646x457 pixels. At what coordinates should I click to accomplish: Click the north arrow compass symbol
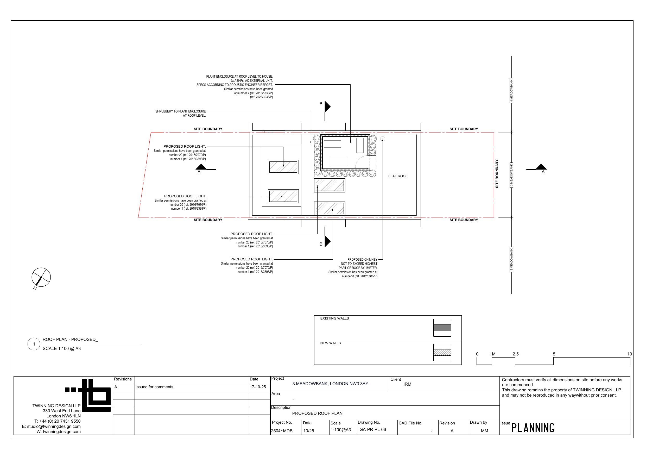click(x=41, y=277)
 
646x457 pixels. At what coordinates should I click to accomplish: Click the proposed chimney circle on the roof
click(x=383, y=139)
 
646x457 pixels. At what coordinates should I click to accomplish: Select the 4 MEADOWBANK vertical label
click(x=511, y=91)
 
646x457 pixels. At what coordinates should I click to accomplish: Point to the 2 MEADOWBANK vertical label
click(x=511, y=259)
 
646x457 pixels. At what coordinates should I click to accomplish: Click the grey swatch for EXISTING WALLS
click(x=442, y=328)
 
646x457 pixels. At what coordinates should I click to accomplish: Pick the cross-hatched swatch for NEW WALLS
click(x=442, y=352)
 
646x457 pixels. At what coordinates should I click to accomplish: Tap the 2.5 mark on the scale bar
click(x=515, y=354)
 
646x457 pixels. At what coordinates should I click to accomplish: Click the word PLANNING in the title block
click(x=533, y=428)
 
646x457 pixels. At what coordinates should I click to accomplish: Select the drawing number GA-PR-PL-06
click(x=372, y=430)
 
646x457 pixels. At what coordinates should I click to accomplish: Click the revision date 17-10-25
click(x=258, y=387)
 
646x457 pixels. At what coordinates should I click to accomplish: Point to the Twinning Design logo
click(x=88, y=395)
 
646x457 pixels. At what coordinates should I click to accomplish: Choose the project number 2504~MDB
click(x=282, y=431)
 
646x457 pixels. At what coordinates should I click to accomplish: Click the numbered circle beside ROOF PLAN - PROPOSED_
click(x=34, y=344)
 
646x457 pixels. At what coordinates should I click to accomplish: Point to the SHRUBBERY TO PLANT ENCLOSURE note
click(x=180, y=114)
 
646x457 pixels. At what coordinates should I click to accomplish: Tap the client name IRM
click(x=407, y=384)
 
